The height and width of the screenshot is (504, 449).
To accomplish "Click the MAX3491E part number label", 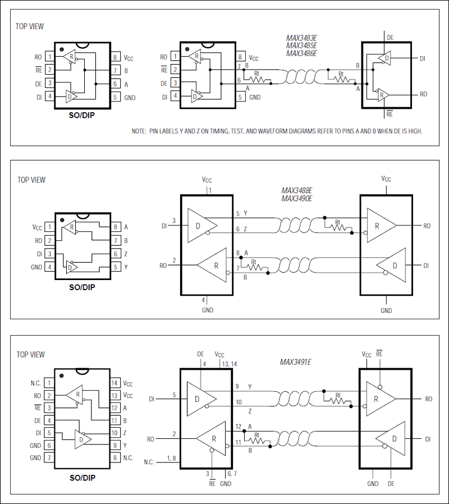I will point(295,363).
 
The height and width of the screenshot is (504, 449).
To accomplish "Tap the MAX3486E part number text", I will point(301,54).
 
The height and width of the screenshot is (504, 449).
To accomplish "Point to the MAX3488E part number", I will point(296,191).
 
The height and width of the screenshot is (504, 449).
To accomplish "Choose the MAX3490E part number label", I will point(296,199).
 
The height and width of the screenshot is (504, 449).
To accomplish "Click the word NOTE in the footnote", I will point(139,131).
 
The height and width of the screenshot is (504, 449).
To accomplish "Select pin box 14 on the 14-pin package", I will point(114,383).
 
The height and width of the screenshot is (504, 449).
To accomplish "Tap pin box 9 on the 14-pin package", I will point(114,446).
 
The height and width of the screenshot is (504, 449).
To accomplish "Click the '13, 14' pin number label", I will point(230,364).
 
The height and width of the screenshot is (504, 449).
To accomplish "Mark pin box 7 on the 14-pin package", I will point(49,458).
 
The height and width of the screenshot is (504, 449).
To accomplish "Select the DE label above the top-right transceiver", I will point(390,37).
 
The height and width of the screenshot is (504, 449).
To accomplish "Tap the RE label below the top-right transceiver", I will point(390,114).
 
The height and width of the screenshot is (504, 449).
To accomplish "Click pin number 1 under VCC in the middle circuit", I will point(210,190).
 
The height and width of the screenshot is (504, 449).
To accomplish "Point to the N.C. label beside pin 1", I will point(35,383).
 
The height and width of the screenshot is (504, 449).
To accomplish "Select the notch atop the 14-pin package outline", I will point(82,371).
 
